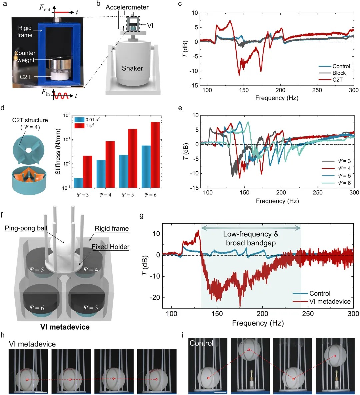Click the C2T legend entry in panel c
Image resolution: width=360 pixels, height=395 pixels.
click(x=338, y=80)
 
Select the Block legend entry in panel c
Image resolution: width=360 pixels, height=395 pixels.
click(x=339, y=73)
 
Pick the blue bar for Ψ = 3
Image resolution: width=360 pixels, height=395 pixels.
click(x=79, y=183)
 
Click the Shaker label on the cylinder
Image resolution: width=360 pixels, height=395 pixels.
click(x=132, y=68)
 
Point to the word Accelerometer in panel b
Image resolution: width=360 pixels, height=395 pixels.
click(x=127, y=7)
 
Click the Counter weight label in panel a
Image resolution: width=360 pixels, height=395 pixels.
click(x=25, y=56)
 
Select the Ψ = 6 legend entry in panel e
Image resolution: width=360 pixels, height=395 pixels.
click(x=344, y=183)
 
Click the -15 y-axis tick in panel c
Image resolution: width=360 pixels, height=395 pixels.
click(x=194, y=86)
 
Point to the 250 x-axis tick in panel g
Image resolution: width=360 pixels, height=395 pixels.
click(x=308, y=314)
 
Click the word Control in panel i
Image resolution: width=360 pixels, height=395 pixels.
click(x=201, y=343)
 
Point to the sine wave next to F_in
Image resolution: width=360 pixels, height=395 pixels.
click(x=62, y=96)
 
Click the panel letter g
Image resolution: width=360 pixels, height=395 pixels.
click(x=142, y=216)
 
